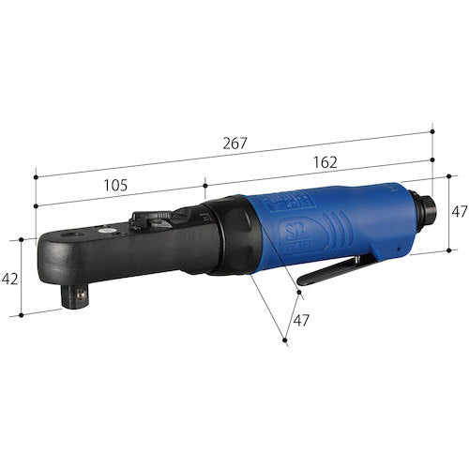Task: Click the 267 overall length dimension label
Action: pyautogui.click(x=234, y=144)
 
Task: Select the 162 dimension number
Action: pyautogui.click(x=325, y=162)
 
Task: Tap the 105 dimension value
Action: pyautogui.click(x=115, y=186)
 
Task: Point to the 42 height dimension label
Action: pyautogui.click(x=9, y=279)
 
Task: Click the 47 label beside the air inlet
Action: pyautogui.click(x=460, y=211)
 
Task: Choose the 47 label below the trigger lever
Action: pyautogui.click(x=301, y=320)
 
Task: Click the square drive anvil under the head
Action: pyautogui.click(x=74, y=296)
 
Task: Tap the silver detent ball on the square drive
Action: pyautogui.click(x=81, y=294)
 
